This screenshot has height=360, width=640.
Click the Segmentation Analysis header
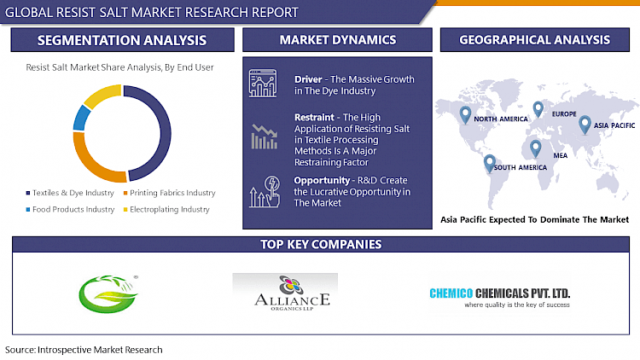(120, 40)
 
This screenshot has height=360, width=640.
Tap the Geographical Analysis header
(534, 40)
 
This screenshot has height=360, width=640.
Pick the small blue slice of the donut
(80, 118)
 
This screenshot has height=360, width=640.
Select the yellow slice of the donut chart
(102, 93)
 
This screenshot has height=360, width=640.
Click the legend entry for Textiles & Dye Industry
(71, 193)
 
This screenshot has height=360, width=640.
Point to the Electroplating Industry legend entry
(169, 209)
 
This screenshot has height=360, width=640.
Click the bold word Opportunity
(320, 181)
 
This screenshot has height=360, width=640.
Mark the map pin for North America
(465, 113)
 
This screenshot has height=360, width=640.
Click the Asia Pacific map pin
(585, 125)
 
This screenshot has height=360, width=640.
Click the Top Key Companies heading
(320, 245)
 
